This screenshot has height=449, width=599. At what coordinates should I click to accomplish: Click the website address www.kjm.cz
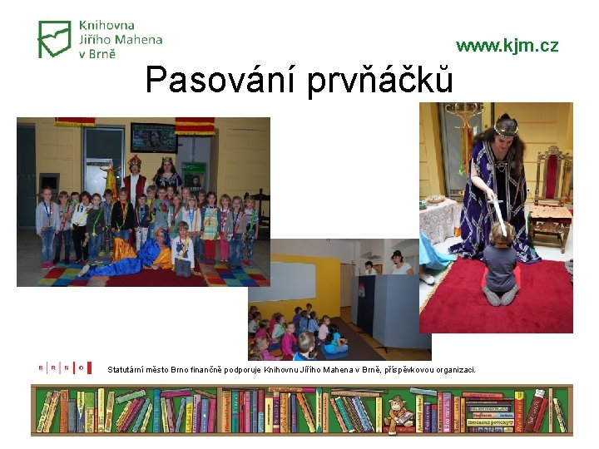click(507, 46)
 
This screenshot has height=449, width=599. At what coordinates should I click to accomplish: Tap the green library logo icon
click(55, 39)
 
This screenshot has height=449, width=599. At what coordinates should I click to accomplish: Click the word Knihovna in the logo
click(106, 26)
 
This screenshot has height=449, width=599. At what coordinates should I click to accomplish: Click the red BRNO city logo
click(62, 368)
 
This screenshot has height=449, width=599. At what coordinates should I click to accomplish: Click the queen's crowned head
click(505, 129)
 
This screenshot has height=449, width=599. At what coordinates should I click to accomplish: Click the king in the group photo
click(135, 175)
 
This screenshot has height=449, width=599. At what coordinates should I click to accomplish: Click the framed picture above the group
click(153, 136)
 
